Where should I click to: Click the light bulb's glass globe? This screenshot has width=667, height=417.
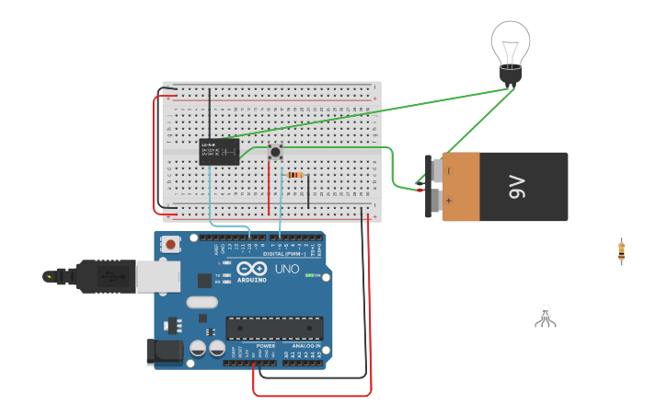tap(511, 42)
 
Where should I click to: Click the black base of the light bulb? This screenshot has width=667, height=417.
tap(511, 75)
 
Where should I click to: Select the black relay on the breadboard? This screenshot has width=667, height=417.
tap(219, 152)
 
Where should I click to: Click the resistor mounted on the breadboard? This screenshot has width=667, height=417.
tap(294, 175)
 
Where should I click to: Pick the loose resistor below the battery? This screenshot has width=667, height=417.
tap(622, 250)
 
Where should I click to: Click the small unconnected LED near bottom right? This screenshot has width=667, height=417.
tap(546, 316)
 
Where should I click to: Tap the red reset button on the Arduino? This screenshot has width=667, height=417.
tap(170, 244)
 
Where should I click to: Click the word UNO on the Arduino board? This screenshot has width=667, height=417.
tap(286, 270)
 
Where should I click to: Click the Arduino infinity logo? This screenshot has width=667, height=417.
tap(251, 270)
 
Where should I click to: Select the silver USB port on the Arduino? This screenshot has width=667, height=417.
tap(157, 276)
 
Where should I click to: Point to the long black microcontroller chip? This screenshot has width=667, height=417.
tap(275, 328)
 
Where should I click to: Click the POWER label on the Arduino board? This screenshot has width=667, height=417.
tap(253, 346)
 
